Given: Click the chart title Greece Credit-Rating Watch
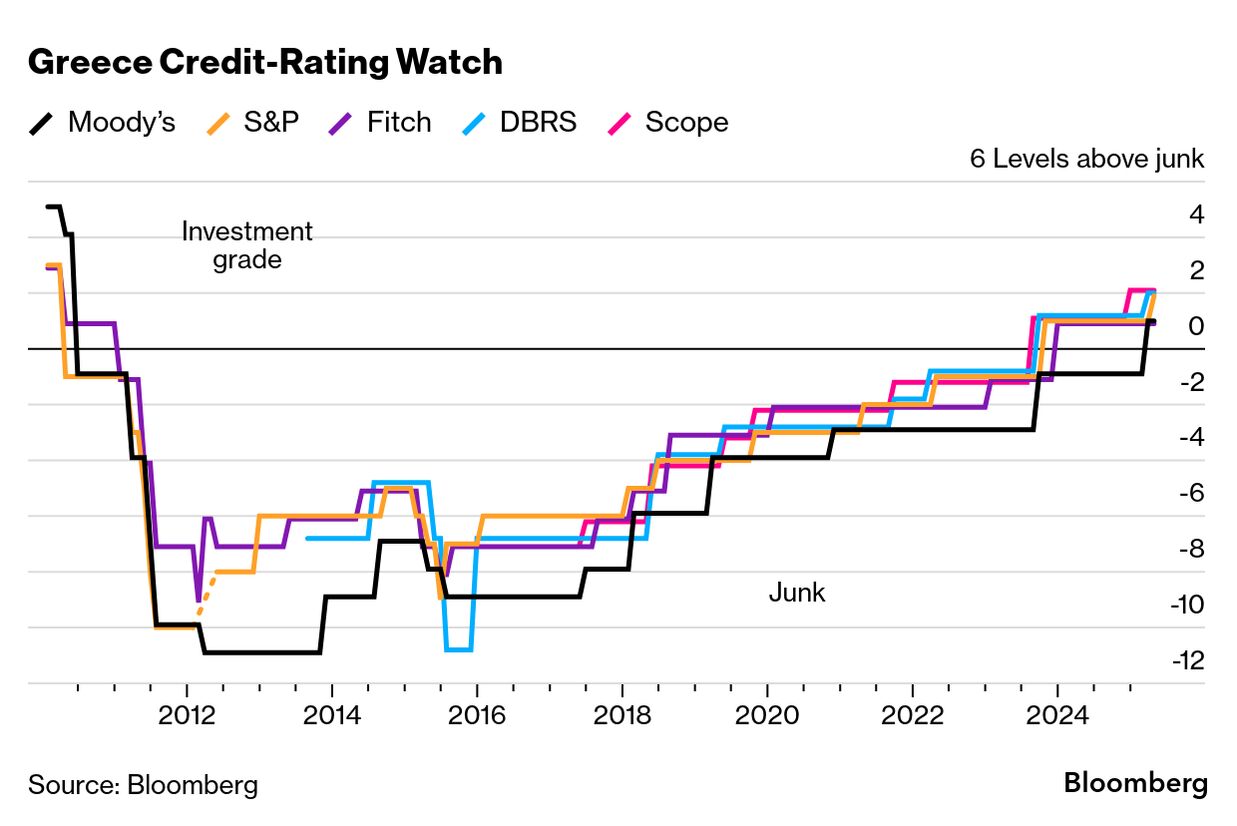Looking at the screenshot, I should (265, 62).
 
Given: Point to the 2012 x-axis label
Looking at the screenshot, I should (186, 715).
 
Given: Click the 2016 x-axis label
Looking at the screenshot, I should (477, 715).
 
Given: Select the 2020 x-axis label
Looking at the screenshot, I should (767, 715).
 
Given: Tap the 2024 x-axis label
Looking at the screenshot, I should (1057, 715).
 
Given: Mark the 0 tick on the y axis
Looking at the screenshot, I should (1196, 326).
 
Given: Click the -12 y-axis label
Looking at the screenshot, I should (1190, 660).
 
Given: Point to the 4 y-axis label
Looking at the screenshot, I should (1196, 214).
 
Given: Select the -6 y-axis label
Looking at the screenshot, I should (1190, 493).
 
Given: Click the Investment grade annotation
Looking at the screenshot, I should (246, 246).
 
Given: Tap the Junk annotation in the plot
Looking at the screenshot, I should (797, 592).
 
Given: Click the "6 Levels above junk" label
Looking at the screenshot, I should (1087, 159).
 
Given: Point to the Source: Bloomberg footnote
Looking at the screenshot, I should (143, 785).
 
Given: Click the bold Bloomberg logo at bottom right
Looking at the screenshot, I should (1135, 783).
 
